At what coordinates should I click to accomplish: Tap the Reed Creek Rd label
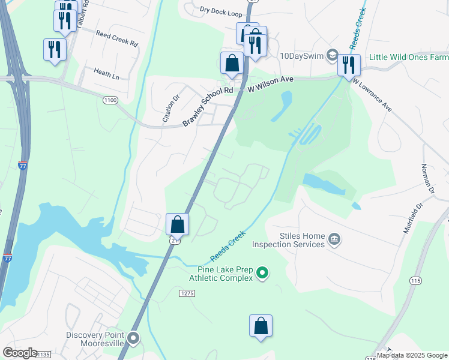click(x=117, y=44)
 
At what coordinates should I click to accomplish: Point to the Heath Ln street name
click(x=106, y=74)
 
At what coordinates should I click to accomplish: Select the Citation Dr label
click(x=171, y=109)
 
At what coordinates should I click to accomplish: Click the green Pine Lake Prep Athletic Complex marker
click(x=262, y=274)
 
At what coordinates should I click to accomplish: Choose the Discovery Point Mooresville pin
click(x=133, y=339)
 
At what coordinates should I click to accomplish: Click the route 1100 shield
click(x=110, y=100)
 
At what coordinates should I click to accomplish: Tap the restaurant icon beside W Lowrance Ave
click(x=349, y=64)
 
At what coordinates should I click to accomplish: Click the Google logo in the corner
click(x=20, y=353)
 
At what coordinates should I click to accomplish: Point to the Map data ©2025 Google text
click(x=412, y=355)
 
